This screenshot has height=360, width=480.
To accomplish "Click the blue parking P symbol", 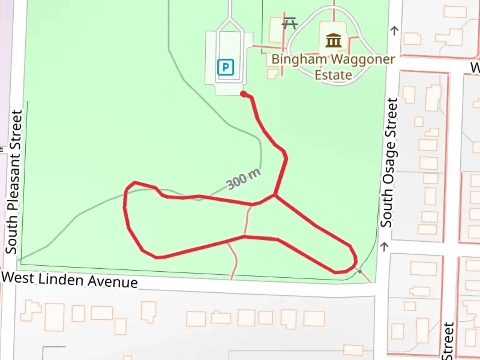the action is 225,67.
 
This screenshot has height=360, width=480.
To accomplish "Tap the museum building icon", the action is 333,40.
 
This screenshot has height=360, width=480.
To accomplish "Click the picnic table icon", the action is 289,23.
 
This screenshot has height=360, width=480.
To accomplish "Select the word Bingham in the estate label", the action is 299,60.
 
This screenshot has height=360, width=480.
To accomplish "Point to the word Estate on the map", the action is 333,75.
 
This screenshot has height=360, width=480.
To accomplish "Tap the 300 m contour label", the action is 243,179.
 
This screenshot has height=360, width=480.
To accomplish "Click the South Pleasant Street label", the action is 14,182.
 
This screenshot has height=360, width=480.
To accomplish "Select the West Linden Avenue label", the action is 69,279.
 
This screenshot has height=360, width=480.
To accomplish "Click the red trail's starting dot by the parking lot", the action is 244,94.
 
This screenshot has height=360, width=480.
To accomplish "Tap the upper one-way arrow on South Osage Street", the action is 394,31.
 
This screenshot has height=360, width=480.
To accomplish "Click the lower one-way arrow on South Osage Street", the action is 385,247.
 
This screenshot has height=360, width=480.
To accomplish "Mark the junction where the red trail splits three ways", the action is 274,195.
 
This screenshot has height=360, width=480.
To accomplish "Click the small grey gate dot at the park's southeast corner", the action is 360,272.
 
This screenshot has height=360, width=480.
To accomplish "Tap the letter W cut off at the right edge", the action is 475,68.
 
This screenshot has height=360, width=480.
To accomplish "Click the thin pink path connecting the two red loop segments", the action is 247,220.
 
